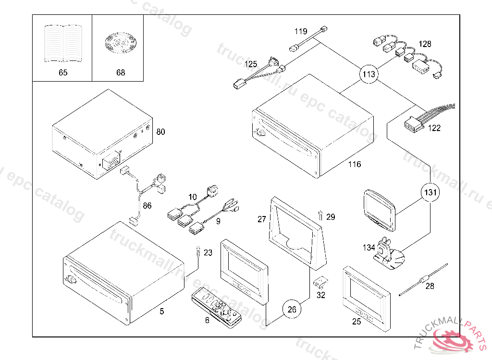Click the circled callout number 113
click(369, 74)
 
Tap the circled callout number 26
click(292, 309)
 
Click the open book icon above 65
click(62, 44)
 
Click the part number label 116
click(355, 165)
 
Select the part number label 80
click(160, 132)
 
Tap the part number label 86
click(147, 205)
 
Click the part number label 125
click(250, 64)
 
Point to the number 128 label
click(425, 44)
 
